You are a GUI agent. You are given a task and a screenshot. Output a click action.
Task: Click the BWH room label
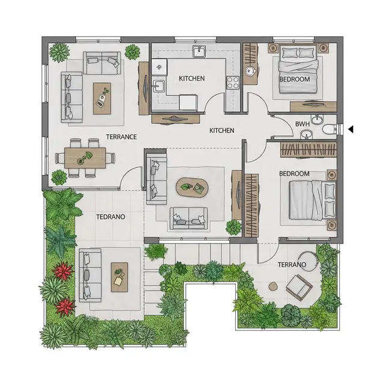[x=302, y=124]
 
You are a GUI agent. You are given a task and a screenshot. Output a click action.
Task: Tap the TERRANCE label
[x=122, y=137]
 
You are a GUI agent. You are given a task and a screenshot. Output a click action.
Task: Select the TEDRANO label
[x=111, y=217]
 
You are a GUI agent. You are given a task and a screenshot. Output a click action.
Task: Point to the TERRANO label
[x=292, y=265]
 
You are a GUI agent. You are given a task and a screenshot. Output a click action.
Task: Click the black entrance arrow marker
[x=351, y=129]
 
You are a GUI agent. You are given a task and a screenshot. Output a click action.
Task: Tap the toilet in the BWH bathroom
[x=330, y=129]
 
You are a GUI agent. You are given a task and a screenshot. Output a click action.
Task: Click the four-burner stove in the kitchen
[x=233, y=82]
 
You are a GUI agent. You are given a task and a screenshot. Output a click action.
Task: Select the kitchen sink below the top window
[x=199, y=51]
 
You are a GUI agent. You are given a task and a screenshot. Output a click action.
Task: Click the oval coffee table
[x=192, y=187]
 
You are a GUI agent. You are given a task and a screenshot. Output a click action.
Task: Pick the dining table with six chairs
[x=85, y=158]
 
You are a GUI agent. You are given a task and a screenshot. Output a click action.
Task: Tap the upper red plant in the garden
[x=63, y=271]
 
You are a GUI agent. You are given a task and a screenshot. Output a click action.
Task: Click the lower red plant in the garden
[x=64, y=307]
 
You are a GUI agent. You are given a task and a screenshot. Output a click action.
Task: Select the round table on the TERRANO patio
[x=308, y=261]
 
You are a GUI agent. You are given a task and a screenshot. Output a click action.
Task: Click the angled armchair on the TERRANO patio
[x=299, y=288]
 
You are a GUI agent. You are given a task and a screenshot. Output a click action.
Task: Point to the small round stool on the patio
[x=273, y=286]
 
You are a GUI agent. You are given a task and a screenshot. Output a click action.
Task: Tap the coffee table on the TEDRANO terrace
[x=120, y=277]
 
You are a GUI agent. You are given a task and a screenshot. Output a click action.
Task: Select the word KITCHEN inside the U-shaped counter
[x=191, y=79]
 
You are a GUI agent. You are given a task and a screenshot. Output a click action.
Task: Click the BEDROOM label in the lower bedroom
[x=294, y=174]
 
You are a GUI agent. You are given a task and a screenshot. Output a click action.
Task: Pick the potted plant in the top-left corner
[x=59, y=52]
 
